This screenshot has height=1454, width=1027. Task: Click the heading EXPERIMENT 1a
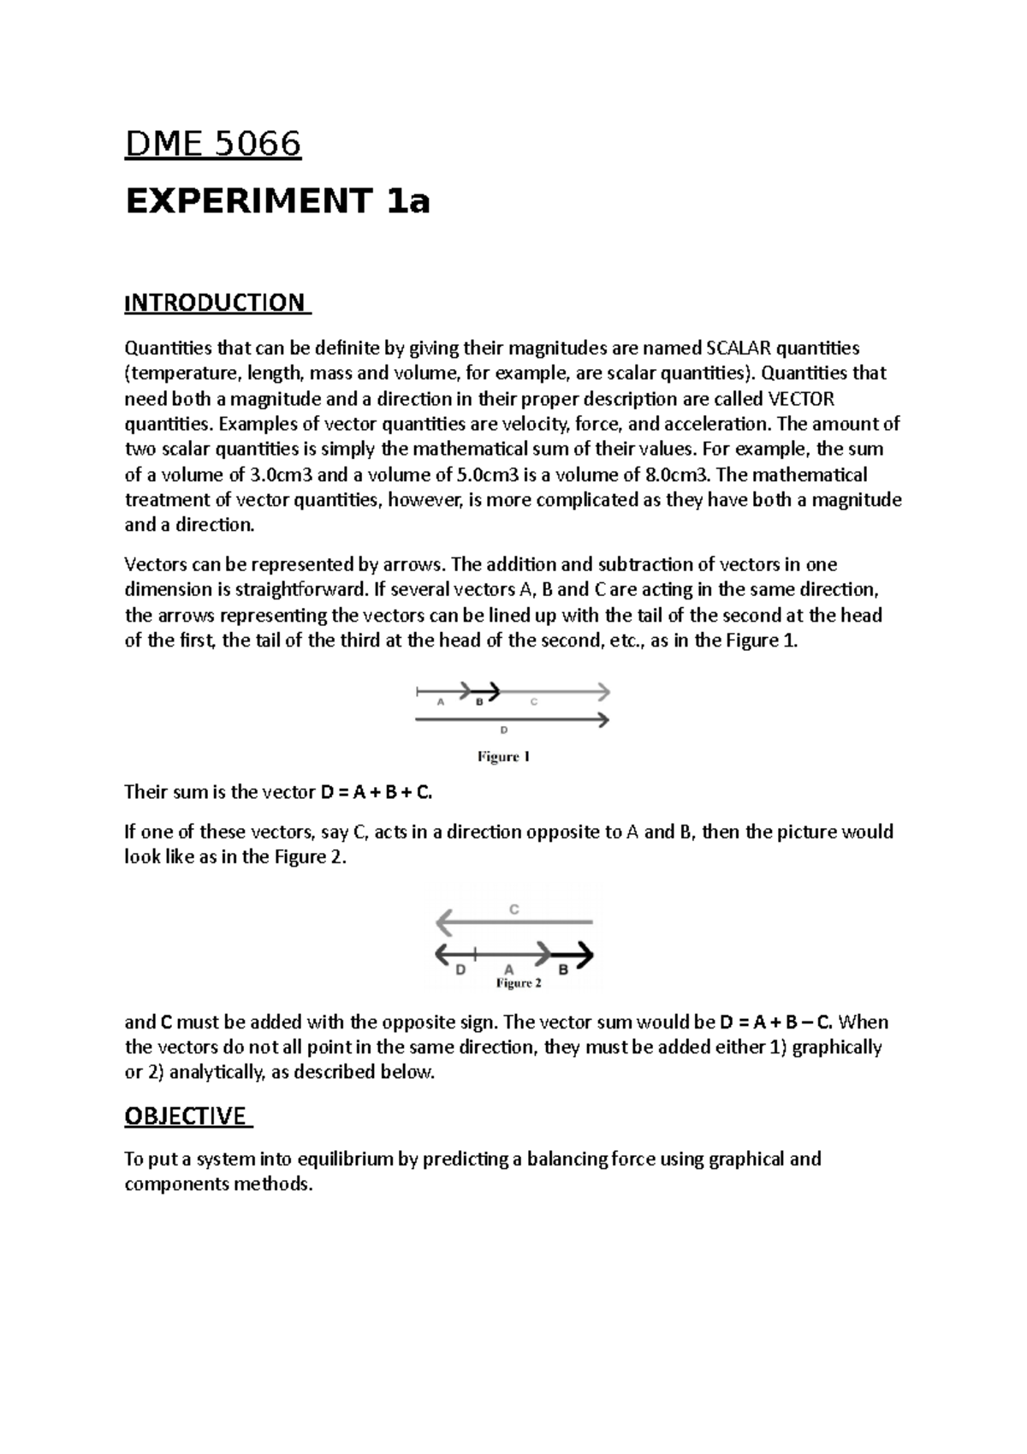(277, 202)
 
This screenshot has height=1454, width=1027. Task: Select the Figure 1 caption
(503, 757)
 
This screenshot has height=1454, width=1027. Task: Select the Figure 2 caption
(519, 983)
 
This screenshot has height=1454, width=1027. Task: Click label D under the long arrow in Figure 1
(504, 730)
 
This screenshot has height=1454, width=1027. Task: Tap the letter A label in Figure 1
(441, 702)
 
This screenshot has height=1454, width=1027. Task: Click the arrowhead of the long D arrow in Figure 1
(603, 719)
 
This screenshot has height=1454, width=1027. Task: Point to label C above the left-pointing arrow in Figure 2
(514, 909)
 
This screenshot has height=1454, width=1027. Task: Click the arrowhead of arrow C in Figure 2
(443, 923)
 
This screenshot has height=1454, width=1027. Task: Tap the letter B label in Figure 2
(563, 969)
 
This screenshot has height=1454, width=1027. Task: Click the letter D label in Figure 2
(460, 969)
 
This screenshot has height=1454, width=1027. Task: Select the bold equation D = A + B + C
(377, 792)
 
